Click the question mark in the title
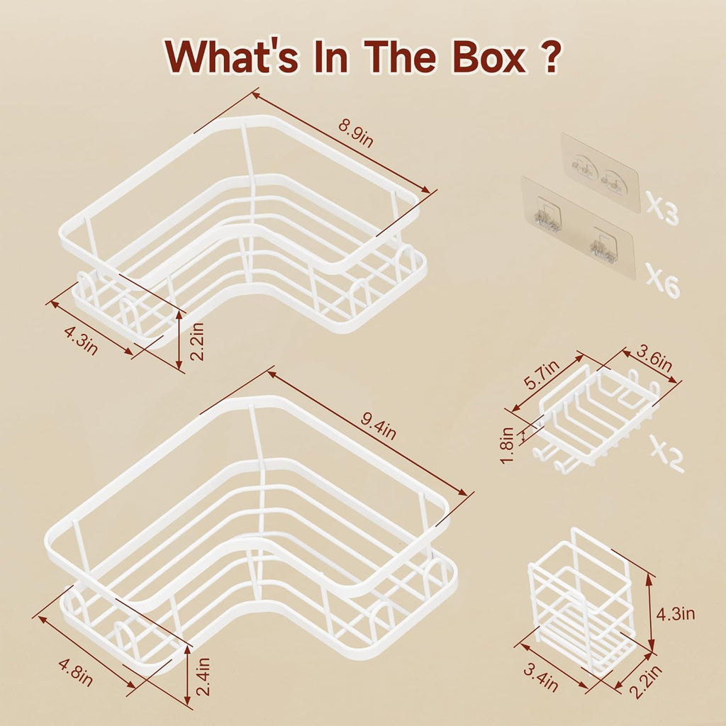click(551, 57)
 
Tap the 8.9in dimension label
click(356, 133)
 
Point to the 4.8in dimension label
click(76, 672)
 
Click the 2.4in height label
click(203, 676)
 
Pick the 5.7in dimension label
click(541, 374)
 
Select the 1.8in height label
click(507, 445)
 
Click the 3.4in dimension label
click(540, 677)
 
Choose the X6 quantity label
click(663, 280)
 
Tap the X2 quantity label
click(666, 453)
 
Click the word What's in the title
click(232, 57)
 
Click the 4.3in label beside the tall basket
click(676, 613)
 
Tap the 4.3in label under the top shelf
click(81, 341)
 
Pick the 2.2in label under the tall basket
click(646, 681)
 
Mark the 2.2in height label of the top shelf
click(197, 341)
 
